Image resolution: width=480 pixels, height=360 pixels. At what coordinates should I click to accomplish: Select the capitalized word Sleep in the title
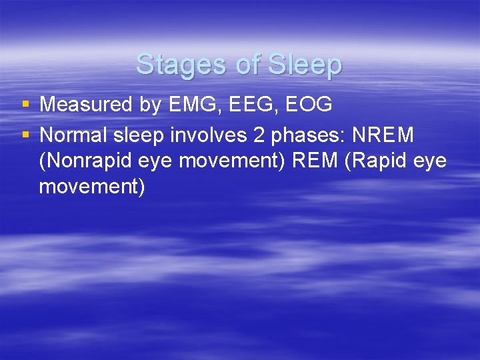(306, 65)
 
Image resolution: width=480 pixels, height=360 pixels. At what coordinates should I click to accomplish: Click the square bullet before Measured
(25, 104)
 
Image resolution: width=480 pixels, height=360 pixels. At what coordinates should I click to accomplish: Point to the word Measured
(85, 105)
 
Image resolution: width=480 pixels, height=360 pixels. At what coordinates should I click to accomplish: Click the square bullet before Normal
(25, 135)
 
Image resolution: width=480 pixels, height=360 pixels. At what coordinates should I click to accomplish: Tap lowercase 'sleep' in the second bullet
(141, 135)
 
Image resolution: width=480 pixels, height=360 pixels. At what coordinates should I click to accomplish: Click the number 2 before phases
(259, 135)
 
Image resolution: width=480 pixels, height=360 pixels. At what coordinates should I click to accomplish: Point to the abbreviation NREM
(383, 135)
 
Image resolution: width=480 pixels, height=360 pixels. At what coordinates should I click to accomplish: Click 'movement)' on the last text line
(92, 187)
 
